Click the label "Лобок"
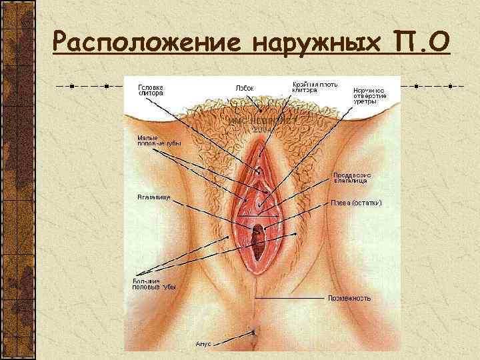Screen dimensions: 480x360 pos(245,87)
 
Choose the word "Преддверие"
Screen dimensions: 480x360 pos(351,176)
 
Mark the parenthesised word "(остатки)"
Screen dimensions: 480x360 pos(366,202)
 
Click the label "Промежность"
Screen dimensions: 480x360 pos(349,298)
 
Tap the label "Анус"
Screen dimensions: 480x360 pos(203,343)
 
